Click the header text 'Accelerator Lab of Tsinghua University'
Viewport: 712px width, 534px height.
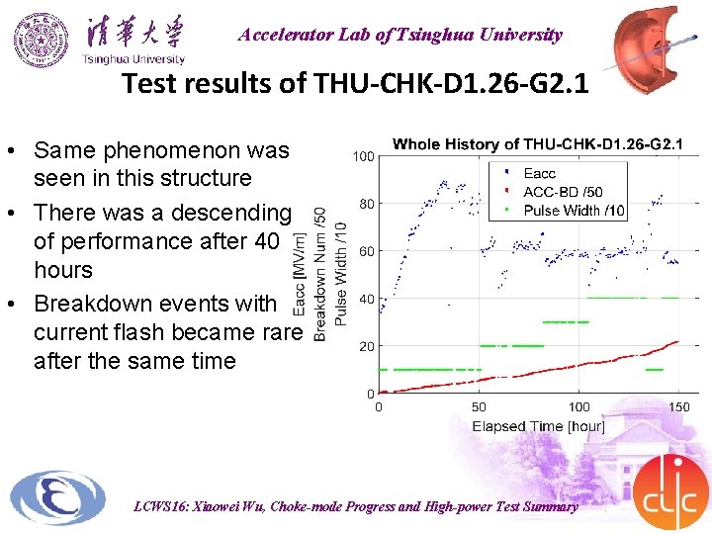pos(400,35)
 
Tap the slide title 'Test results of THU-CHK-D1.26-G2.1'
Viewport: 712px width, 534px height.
pos(355,84)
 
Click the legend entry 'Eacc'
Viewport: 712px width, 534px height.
pos(540,174)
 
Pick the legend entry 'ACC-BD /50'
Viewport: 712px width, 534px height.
pos(563,192)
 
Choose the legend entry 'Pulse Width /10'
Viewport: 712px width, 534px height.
pos(574,210)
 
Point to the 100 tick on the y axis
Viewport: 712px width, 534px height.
pos(363,156)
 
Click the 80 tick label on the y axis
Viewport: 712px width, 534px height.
pos(366,204)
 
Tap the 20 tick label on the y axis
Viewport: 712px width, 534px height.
pos(366,346)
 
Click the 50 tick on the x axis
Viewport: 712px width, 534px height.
pos(479,406)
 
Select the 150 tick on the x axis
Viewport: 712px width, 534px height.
pos(678,406)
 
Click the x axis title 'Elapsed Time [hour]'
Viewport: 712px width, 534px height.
pos(538,426)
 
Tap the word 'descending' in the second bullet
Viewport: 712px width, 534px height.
pos(232,213)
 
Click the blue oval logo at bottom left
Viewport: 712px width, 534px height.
pos(56,499)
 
